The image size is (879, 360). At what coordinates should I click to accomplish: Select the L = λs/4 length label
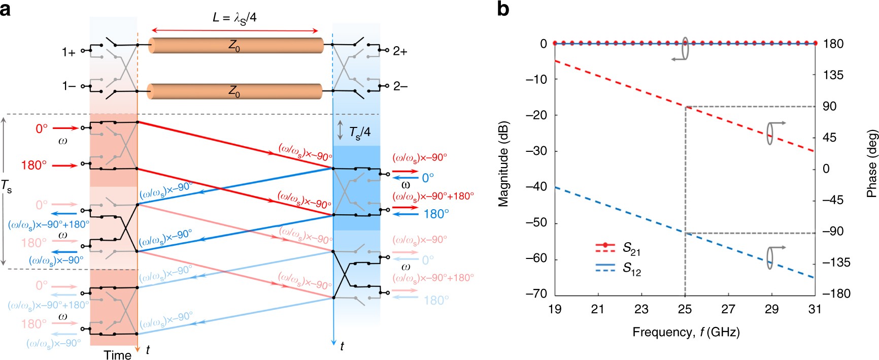234,18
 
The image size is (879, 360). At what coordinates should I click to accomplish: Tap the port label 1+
69,52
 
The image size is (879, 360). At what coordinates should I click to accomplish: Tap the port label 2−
400,87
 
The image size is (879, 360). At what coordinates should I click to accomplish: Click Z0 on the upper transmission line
234,46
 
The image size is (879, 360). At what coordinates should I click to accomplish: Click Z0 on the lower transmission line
234,92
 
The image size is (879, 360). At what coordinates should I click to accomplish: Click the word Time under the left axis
117,355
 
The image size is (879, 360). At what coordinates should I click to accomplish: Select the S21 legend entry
631,249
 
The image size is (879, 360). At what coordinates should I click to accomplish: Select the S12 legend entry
631,268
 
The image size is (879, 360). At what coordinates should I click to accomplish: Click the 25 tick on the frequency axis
685,309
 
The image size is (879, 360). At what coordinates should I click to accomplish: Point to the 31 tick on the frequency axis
815,309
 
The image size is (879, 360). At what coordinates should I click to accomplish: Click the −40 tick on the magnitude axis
539,187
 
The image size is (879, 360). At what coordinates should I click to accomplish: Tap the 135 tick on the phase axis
833,75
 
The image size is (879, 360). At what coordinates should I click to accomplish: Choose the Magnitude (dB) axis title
503,165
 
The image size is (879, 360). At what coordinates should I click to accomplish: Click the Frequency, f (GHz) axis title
686,332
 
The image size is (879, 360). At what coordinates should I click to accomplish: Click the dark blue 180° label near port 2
436,214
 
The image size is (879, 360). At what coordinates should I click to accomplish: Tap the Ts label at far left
6,187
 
